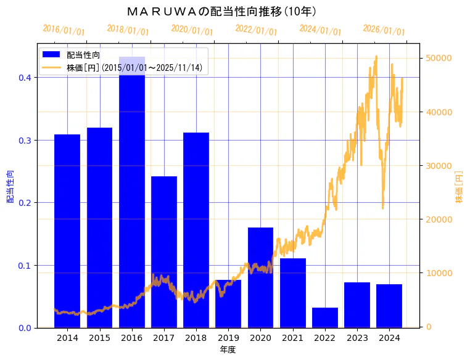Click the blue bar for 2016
pos(132,191)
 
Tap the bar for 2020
pos(260,277)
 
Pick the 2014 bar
pos(67,231)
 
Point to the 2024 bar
pos(389,306)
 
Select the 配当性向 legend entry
pos(83,55)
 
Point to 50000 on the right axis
pos(440,58)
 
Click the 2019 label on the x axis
pos(228,338)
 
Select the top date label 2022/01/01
pos(256,30)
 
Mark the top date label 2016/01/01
pos(64,30)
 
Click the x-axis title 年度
pos(228,350)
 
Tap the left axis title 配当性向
pos(10,187)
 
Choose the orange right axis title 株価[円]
pos(459,187)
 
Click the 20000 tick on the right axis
pos(440,219)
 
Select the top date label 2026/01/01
pos(384,30)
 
